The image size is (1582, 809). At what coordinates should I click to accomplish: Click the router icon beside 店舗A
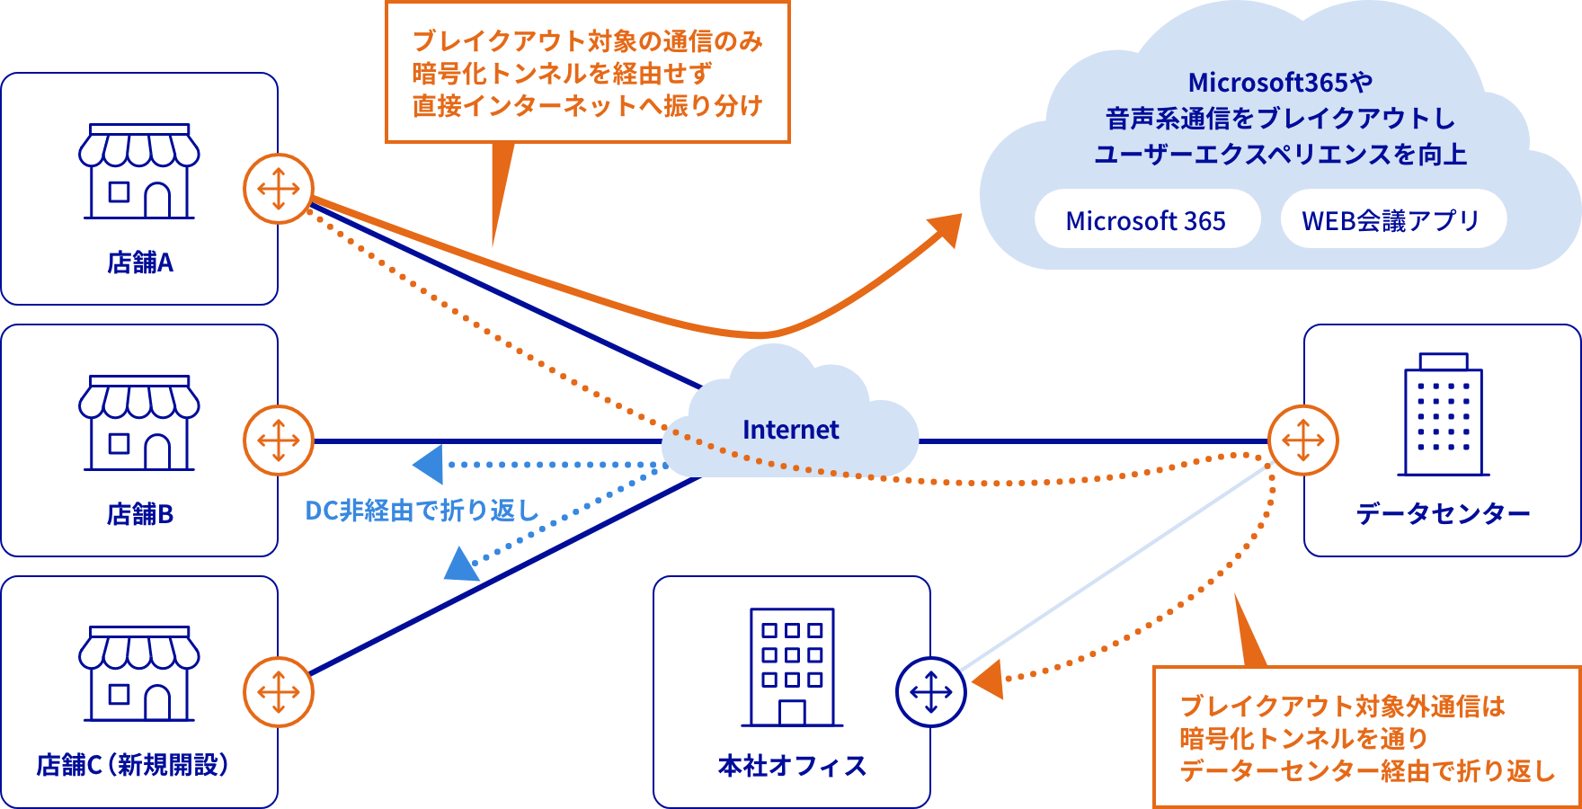(279, 189)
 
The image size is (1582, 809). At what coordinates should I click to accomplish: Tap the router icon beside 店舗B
(279, 440)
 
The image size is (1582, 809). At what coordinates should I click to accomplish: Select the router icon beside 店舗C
(279, 692)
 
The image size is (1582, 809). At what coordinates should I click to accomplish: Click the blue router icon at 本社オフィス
(931, 692)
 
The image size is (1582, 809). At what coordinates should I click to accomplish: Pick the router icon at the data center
(1303, 440)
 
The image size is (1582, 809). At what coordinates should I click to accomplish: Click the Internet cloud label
(790, 430)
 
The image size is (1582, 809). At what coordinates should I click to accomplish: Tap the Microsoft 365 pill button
(1146, 220)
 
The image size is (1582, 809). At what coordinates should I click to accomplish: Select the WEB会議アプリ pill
(1391, 220)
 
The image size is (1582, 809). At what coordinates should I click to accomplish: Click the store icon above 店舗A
(139, 172)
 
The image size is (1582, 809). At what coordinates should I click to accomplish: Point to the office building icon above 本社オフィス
(792, 667)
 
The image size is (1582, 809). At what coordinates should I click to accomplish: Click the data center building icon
(1443, 414)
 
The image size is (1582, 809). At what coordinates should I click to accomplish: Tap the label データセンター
(1443, 514)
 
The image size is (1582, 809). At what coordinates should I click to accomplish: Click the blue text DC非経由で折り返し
(422, 511)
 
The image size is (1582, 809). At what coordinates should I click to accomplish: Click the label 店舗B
(139, 514)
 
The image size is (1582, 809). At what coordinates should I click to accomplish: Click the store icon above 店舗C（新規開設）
(139, 674)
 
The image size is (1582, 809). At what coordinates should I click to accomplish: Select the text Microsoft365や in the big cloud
(1280, 83)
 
